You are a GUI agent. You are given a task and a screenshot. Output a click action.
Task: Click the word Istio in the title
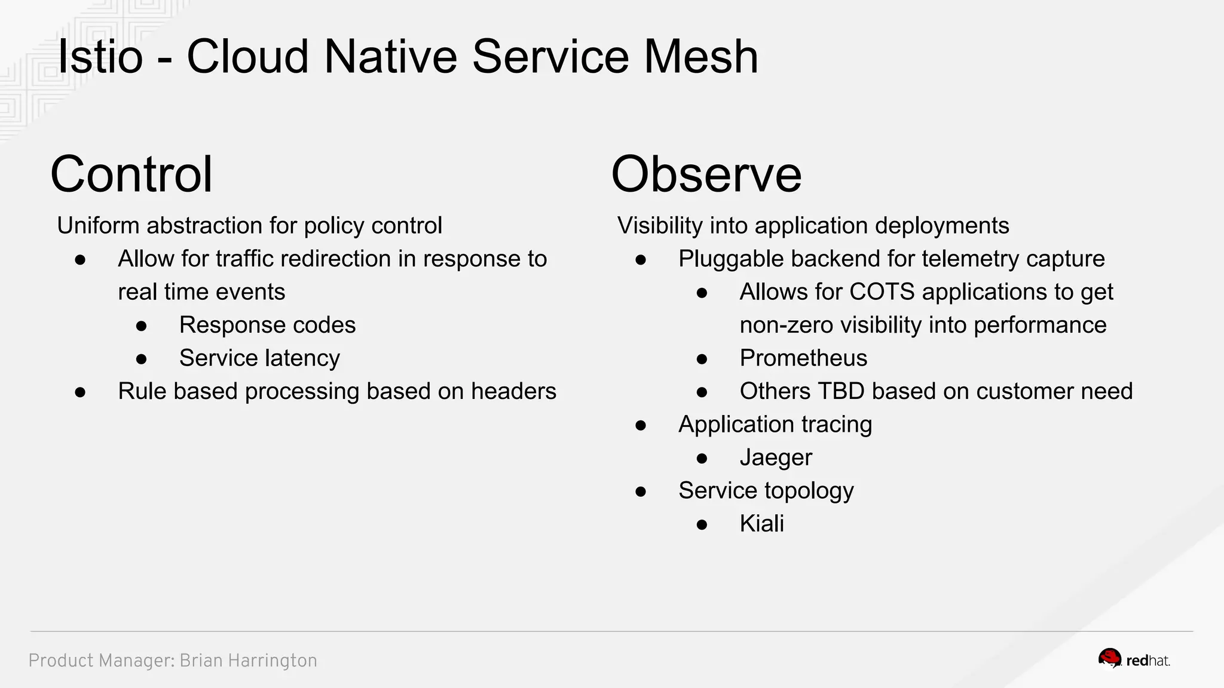coord(100,57)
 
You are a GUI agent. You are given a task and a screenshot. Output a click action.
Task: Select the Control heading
coord(131,174)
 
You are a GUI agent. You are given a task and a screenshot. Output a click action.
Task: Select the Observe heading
coord(706,174)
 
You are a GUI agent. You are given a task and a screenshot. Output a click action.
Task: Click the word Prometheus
coord(803,358)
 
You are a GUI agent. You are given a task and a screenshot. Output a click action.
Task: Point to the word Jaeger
coord(775,457)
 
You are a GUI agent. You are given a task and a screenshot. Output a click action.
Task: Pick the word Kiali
coord(761,524)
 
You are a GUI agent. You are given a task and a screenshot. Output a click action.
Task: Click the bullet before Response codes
coord(142,326)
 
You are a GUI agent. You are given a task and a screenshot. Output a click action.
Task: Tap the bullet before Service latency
coord(142,359)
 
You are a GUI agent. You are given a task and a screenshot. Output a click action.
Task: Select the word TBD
coord(840,391)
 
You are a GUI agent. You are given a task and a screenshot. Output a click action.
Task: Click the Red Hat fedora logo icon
coord(1110,659)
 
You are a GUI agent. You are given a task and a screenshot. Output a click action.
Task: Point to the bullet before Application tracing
coord(641,425)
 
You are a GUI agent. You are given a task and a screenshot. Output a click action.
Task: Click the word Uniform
coord(99,226)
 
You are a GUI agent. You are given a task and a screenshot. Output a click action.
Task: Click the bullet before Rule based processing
coord(80,392)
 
